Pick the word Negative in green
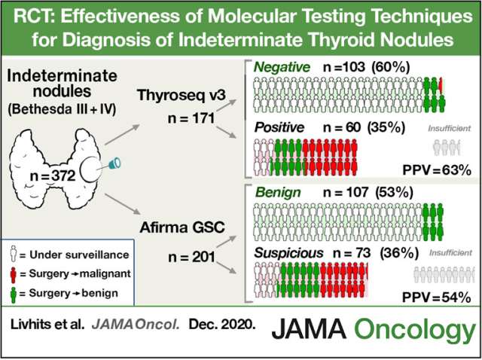[x=281, y=68]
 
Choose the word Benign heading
[x=277, y=191]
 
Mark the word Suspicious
[x=291, y=253]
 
